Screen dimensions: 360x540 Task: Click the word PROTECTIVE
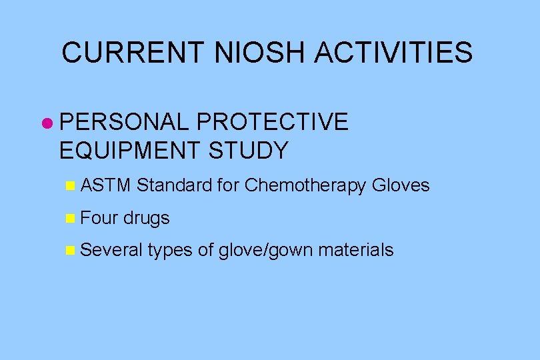click(x=273, y=122)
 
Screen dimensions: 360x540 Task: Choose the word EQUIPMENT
click(x=130, y=151)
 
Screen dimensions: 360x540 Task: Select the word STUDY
click(x=249, y=151)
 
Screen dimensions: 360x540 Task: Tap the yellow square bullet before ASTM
click(x=71, y=186)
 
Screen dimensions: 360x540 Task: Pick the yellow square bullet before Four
click(x=71, y=218)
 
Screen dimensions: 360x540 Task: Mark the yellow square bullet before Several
click(x=71, y=251)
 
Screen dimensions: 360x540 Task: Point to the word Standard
click(x=175, y=185)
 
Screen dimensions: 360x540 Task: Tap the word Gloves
click(x=401, y=185)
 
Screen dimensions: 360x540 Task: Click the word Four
click(x=99, y=217)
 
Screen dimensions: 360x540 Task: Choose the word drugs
click(x=147, y=218)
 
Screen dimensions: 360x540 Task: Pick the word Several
click(x=111, y=250)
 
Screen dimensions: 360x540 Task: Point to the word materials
click(x=356, y=250)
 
